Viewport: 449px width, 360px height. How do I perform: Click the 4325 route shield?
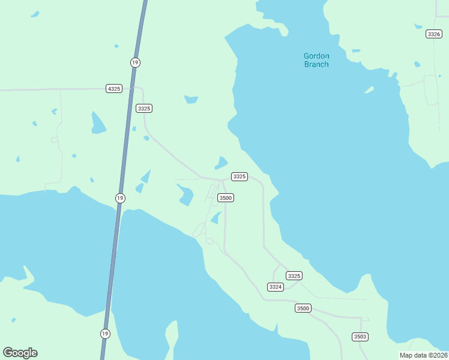tap(114, 89)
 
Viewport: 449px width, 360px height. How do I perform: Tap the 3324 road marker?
tap(276, 287)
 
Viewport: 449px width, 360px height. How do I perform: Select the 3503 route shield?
tap(360, 337)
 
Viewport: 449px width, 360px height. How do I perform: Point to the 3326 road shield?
tap(434, 34)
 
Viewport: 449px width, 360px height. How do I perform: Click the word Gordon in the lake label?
tap(316, 56)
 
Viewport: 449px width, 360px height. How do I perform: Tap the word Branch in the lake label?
tap(316, 64)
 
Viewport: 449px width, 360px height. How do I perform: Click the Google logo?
tap(20, 353)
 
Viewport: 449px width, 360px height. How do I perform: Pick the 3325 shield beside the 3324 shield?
tap(294, 276)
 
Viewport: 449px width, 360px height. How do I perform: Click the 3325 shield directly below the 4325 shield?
tap(144, 109)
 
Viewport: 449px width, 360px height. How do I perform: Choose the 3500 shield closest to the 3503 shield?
tap(303, 308)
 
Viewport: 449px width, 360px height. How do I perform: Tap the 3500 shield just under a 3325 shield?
tap(226, 197)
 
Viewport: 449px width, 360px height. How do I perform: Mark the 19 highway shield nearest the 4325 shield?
tap(135, 62)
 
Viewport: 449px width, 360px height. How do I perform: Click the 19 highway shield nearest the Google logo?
tap(105, 334)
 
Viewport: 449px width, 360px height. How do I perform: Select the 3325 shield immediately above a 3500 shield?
tap(240, 176)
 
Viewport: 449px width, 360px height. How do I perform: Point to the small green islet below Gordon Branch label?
tap(369, 91)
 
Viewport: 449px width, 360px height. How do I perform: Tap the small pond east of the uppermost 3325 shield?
tap(191, 99)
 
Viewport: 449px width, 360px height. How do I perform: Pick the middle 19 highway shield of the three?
tap(120, 198)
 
